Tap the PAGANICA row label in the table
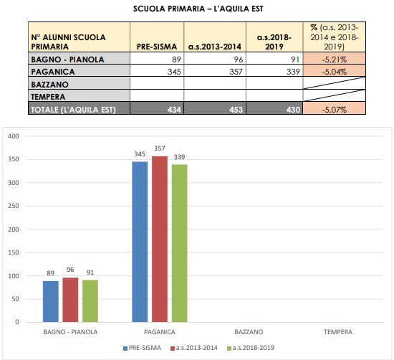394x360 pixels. (x=53, y=72)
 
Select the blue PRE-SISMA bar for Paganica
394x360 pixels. (x=140, y=242)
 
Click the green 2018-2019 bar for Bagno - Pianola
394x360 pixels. (x=90, y=300)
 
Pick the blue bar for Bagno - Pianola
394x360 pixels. (x=50, y=301)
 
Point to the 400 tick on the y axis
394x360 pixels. (x=15, y=136)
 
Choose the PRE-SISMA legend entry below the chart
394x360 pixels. (x=141, y=349)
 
